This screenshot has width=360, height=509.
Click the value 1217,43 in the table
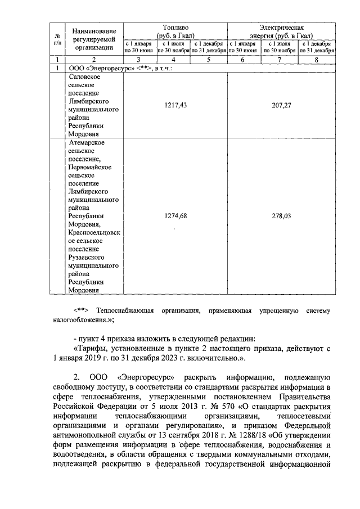coord(175,105)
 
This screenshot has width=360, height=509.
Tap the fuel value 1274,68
coord(175,216)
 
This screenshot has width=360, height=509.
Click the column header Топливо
coord(175,26)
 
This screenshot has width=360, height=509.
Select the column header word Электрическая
coord(281,26)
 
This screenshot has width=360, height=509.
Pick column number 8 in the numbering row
coord(317,60)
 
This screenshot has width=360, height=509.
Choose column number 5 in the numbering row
coord(208,60)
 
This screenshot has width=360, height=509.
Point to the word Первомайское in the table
coord(90,167)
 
